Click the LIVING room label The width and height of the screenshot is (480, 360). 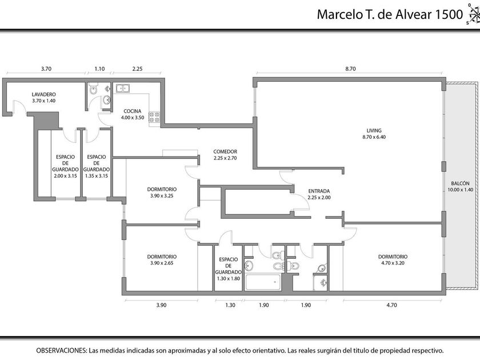pos(374,130)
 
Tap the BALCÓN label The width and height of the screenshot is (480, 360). pos(460,183)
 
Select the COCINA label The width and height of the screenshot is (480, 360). pos(132,111)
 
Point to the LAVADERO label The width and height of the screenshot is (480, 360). pos(44,94)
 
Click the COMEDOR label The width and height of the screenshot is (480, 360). pos(225,151)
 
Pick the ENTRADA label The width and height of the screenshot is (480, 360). pos(319,191)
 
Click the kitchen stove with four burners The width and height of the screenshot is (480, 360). pos(154,117)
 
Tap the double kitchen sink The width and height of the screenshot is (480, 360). pos(122,88)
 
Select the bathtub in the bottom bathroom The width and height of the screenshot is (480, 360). pos(263,282)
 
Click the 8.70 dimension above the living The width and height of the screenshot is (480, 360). pos(350,69)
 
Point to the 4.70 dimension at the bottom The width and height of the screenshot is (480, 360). pos(392,305)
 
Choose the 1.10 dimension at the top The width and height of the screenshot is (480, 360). pos(99,69)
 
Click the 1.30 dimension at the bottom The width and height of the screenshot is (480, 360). pos(230,305)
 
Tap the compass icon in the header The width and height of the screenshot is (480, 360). pos(474,14)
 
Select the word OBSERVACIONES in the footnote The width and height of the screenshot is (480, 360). pos(61,350)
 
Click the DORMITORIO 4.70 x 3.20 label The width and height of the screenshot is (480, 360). pos(393,259)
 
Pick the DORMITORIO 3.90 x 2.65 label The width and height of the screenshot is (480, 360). pos(162,259)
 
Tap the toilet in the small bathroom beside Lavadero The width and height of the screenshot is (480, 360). pos(93,89)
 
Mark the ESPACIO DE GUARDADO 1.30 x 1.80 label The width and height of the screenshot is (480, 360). pos(229,269)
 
